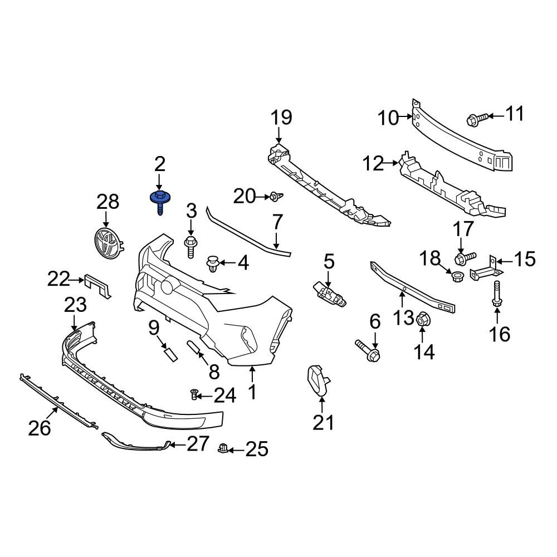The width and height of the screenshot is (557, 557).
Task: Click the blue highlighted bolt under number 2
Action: (160, 202)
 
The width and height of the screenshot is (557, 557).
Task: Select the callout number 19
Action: (281, 118)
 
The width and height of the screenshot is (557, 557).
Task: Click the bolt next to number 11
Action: (477, 118)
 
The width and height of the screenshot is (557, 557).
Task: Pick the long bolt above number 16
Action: (495, 294)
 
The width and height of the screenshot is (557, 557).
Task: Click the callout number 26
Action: (40, 428)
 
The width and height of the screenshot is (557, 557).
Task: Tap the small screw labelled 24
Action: (194, 395)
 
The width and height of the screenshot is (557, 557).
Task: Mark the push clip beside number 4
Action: (213, 263)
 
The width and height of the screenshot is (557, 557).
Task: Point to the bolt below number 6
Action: (368, 349)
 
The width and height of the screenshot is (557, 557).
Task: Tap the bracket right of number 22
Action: (99, 285)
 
